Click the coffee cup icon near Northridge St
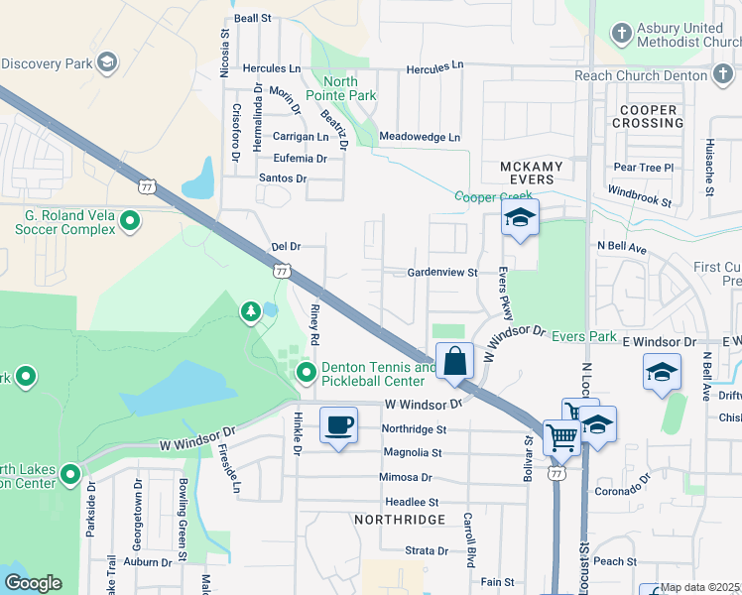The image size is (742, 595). point(338,424)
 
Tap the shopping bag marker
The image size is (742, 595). point(455,361)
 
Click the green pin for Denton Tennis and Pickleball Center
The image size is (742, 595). point(307,374)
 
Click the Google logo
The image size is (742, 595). point(32,583)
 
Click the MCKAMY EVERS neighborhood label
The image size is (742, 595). point(531,174)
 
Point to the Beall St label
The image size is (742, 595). point(253,18)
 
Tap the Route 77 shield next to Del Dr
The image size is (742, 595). point(282,270)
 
